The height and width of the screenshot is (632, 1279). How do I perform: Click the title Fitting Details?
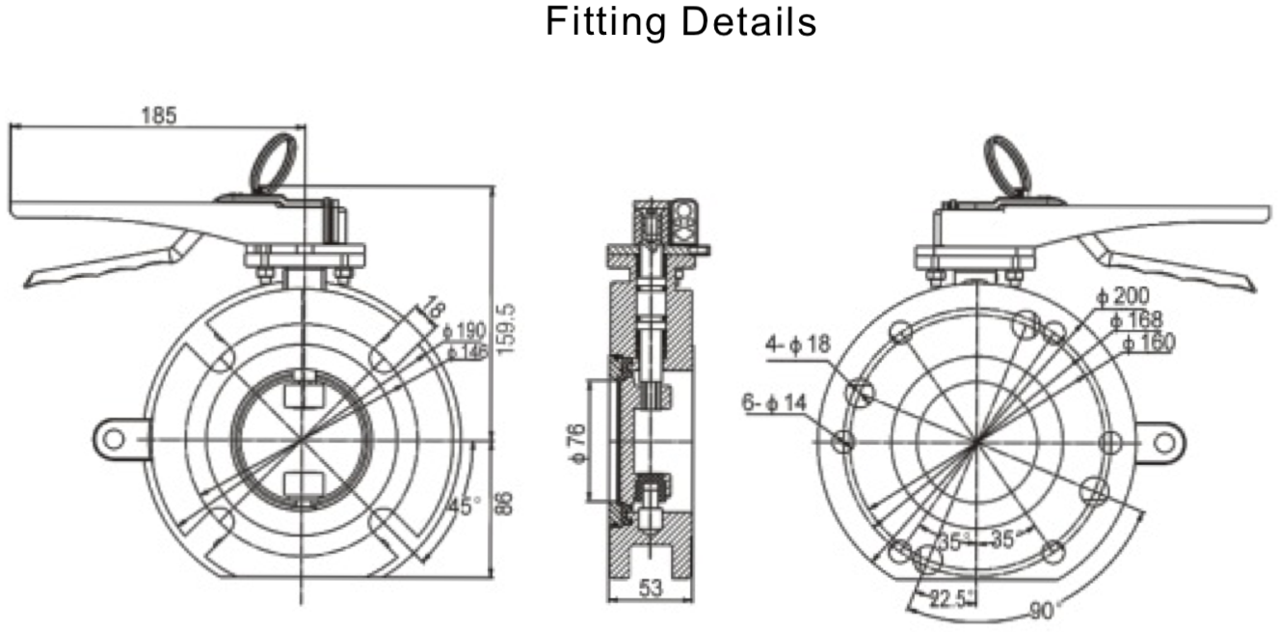(680, 21)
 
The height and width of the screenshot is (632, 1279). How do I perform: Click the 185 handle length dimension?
(159, 116)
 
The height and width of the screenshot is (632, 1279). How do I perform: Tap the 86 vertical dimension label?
(508, 505)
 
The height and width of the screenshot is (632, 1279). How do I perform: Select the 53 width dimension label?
(652, 587)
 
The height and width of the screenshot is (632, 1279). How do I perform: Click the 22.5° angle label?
(946, 597)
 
